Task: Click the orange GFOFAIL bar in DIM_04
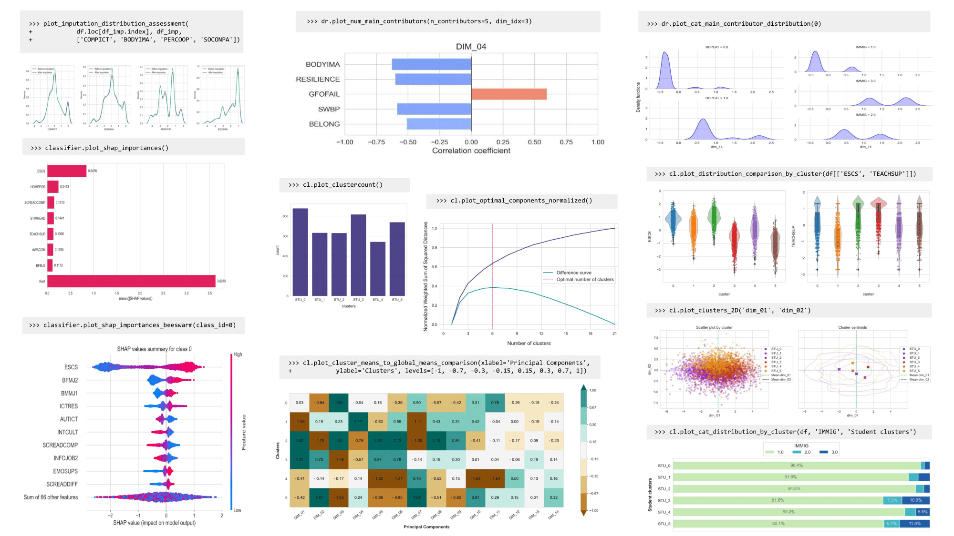pos(508,94)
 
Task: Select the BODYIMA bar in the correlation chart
pos(431,64)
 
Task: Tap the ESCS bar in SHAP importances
pos(67,171)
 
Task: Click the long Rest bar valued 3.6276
pos(131,281)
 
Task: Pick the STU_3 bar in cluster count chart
pos(358,255)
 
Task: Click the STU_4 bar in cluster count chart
pos(377,269)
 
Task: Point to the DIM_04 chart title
pos(471,47)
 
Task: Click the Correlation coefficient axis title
pos(471,151)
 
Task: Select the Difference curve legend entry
pos(573,273)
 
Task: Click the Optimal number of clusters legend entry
pos(584,280)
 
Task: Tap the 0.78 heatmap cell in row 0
pos(495,403)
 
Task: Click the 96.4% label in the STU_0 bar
pos(796,465)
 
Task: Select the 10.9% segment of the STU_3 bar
pos(915,500)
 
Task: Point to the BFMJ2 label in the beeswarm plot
pos(70,380)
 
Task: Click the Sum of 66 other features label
pos(51,497)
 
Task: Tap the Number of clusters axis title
pos(529,343)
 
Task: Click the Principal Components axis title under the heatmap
pos(426,527)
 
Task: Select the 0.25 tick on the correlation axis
pos(503,142)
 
